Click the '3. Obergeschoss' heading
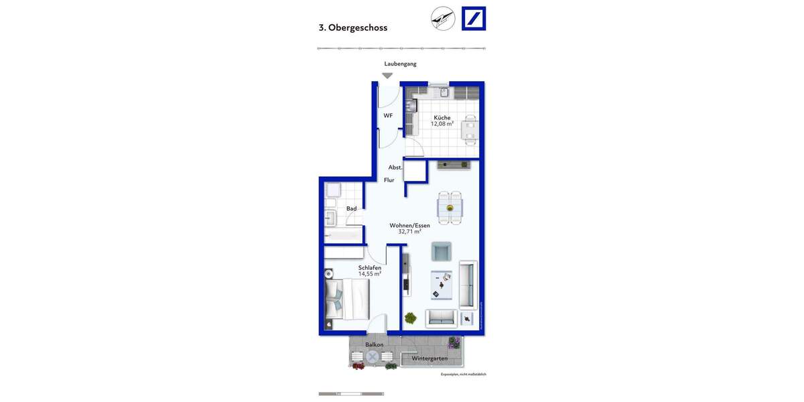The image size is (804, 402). point(352,28)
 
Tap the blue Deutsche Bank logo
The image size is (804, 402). point(474,18)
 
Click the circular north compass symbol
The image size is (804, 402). point(443,18)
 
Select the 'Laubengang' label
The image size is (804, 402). point(400,64)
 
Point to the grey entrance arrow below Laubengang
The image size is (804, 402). point(387,76)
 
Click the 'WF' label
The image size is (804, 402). point(388,116)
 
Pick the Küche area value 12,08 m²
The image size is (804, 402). point(442,124)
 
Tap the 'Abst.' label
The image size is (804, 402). point(395,167)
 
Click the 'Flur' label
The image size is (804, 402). point(389,180)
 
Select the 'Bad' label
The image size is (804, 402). point(351,209)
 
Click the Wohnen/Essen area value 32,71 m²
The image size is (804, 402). point(409,232)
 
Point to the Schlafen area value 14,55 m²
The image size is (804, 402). point(369,274)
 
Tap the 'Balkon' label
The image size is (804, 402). point(374,345)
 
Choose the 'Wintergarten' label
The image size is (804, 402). point(429,358)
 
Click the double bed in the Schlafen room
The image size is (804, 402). point(346,299)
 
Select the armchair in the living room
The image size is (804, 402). point(442,252)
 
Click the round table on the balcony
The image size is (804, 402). point(373,358)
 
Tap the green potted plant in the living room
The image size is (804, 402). point(410,318)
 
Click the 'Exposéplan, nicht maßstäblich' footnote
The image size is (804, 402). point(463,375)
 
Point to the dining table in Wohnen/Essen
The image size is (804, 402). point(450,208)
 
